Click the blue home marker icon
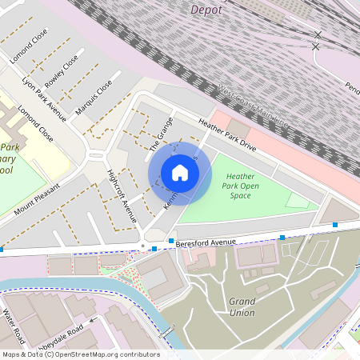tap(180, 173)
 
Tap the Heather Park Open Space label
tap(243, 186)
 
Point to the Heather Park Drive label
tap(227, 136)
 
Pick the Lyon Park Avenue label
tap(44, 95)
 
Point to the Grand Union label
tap(242, 306)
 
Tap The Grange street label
tap(160, 134)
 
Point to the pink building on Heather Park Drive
tap(239, 130)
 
